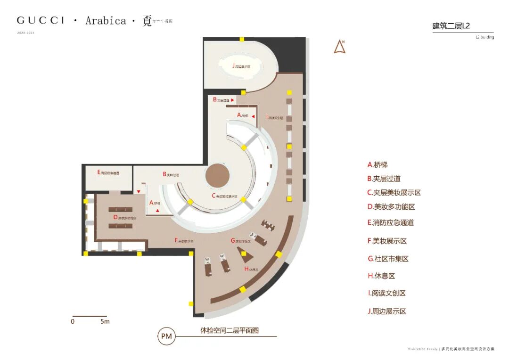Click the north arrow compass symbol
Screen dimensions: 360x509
point(339,47)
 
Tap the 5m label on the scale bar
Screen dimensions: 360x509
point(105,322)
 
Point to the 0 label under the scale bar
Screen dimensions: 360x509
point(73,322)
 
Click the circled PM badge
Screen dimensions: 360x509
point(166,336)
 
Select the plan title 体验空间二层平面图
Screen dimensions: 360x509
point(230,331)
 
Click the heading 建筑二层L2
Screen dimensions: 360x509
point(451,26)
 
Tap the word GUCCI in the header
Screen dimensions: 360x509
point(41,21)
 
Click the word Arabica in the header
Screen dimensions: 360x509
point(106,21)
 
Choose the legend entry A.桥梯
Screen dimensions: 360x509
point(377,165)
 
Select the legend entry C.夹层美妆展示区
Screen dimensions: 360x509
point(394,193)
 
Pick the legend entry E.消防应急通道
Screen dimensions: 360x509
point(390,222)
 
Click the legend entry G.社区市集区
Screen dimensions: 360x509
point(387,259)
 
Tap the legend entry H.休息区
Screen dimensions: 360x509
point(381,276)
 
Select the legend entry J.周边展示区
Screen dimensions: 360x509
point(386,311)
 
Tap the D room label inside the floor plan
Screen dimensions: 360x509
point(124,218)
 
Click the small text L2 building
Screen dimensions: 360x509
point(484,37)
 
